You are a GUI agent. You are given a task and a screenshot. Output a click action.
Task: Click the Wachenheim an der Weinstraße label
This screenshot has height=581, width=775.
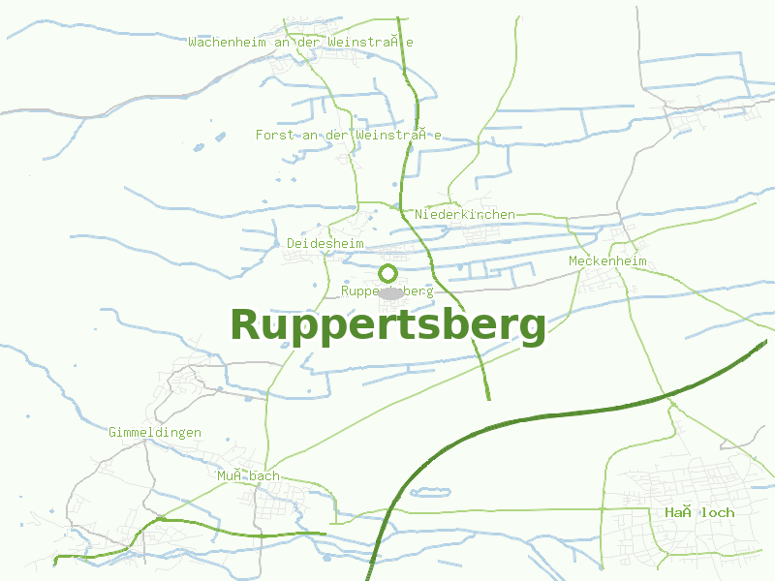click(x=301, y=42)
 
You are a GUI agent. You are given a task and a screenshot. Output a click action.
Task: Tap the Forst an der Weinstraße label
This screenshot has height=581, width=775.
click(x=349, y=135)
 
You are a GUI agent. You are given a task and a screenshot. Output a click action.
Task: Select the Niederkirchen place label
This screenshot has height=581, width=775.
click(x=465, y=214)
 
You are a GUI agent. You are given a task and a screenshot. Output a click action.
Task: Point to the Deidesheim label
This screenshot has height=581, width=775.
click(x=325, y=243)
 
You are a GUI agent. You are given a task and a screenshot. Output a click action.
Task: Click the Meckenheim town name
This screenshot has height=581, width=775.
click(x=607, y=261)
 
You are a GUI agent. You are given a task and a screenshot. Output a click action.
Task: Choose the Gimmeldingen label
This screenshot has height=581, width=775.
click(x=155, y=432)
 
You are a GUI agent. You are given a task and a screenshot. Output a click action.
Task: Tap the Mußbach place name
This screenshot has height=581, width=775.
click(x=248, y=475)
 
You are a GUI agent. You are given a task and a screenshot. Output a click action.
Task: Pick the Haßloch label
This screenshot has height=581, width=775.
click(x=699, y=512)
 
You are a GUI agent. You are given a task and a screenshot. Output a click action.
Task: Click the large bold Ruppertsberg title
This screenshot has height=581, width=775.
click(x=387, y=325)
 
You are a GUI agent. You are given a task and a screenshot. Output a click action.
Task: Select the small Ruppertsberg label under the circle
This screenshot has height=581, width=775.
click(x=387, y=290)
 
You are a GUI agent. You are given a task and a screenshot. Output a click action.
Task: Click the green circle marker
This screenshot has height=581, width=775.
click(x=387, y=273)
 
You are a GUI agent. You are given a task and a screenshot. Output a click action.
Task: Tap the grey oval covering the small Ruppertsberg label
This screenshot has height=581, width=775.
click(x=390, y=292)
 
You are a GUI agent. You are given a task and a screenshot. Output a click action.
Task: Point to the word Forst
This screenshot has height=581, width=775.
click(x=273, y=135)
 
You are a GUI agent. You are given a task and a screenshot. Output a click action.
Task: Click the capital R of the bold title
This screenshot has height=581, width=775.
click(x=245, y=325)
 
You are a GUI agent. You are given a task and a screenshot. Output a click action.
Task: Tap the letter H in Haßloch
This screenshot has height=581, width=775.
click(x=669, y=512)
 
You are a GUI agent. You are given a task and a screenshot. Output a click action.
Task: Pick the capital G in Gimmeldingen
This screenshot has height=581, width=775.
click(x=112, y=432)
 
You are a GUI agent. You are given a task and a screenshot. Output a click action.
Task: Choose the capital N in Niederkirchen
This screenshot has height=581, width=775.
click(x=418, y=214)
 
